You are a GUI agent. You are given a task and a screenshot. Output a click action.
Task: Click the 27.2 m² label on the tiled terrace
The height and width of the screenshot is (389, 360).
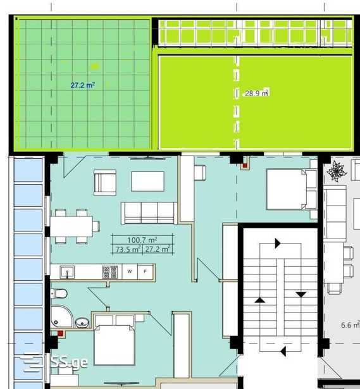click(83, 85)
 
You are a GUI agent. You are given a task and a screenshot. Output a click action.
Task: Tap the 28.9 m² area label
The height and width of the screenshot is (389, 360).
click(257, 93)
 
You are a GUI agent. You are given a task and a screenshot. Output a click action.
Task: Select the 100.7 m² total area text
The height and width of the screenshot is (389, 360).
click(142, 240)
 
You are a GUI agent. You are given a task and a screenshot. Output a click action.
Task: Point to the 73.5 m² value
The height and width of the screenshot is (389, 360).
click(128, 249)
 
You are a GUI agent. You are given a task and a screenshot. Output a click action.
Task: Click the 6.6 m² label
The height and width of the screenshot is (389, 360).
click(351, 324)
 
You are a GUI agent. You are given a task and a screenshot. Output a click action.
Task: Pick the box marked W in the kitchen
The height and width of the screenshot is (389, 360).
click(130, 271)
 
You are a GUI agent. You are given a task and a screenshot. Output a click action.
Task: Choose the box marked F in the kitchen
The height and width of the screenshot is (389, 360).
click(146, 271)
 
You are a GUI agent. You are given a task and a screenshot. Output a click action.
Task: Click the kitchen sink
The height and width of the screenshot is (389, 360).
click(67, 272)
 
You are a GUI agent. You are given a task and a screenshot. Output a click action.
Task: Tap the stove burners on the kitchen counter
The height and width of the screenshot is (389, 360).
click(110, 272)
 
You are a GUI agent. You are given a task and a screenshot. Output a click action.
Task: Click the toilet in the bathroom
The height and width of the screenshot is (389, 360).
click(59, 293)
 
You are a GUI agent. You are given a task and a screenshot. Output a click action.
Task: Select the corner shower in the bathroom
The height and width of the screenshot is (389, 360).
click(62, 316)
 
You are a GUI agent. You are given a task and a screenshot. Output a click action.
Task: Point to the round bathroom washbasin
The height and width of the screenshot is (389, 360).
click(82, 323)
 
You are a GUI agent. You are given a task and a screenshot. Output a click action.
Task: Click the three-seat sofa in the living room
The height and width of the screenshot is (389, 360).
click(149, 213)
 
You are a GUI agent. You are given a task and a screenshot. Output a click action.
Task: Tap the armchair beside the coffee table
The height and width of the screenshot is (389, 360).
click(105, 183)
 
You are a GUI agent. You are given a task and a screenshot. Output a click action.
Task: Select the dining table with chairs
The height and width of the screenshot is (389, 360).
click(75, 226)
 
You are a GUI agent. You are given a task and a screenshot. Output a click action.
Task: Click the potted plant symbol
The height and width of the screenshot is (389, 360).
click(336, 171)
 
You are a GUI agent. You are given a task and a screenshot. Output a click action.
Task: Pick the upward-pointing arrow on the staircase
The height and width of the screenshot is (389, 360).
click(259, 300)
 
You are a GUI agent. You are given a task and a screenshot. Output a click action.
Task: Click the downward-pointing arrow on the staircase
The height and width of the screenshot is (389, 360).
click(301, 295)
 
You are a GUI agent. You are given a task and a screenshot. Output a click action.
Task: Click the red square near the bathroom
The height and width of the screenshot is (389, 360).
click(61, 333)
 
